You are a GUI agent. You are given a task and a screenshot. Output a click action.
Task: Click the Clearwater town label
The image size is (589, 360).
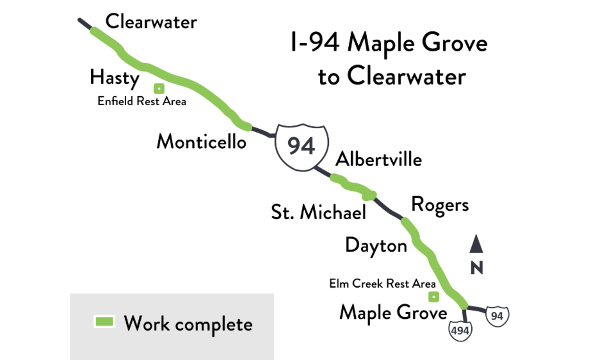point(151,22)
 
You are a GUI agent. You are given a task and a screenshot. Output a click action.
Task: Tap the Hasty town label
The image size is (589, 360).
point(114,78)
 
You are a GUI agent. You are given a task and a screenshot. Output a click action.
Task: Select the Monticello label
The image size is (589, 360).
point(201,141)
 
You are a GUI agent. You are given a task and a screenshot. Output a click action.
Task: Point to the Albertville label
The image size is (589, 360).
point(378,159)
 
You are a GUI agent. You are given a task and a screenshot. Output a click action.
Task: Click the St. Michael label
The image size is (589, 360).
point(319,212)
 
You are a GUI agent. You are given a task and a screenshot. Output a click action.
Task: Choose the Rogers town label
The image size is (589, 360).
point(440,204)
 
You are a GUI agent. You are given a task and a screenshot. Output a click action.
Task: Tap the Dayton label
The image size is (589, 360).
point(376,245)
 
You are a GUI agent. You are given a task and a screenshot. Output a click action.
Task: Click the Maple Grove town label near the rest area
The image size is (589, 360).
point(393,313)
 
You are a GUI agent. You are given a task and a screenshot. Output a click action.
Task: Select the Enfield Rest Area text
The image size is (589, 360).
point(142,102)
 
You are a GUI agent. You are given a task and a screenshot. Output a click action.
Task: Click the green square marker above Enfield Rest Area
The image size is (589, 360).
point(159,89)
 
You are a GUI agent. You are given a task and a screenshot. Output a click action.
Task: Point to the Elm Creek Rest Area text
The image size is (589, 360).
point(382,284)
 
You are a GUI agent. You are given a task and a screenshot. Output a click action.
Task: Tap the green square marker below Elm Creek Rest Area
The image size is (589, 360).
point(433,297)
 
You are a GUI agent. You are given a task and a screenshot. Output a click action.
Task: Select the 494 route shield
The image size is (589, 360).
point(460,330)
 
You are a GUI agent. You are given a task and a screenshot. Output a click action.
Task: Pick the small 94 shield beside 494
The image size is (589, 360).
point(497,316)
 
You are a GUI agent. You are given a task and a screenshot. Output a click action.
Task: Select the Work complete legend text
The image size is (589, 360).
point(188,324)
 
